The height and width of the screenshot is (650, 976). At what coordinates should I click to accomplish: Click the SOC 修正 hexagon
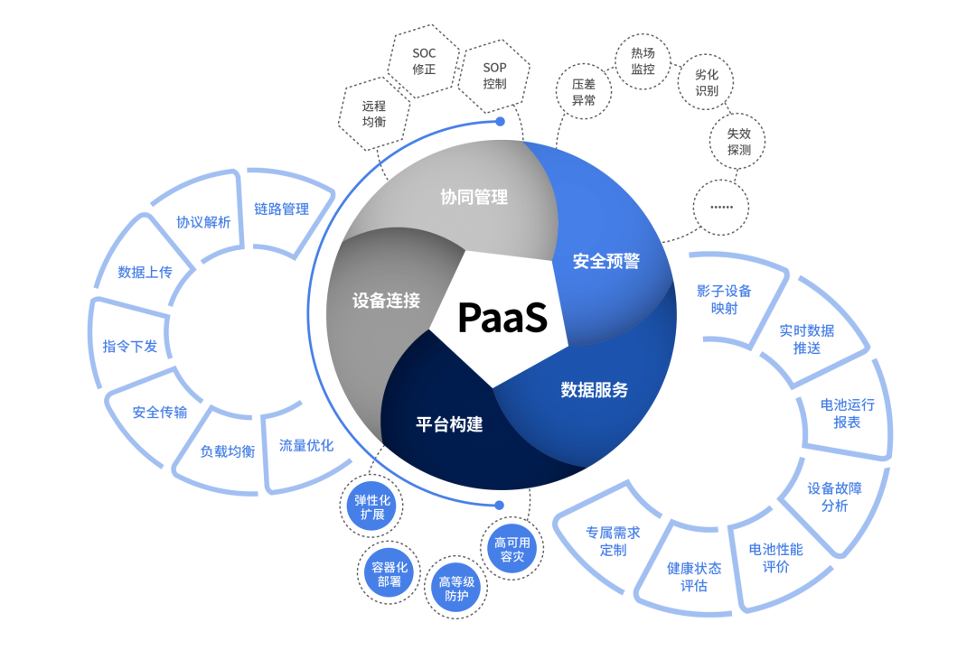point(424,60)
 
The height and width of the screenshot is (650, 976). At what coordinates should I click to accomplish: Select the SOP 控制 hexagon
point(494,76)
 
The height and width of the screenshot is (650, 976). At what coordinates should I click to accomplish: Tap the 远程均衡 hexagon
point(373,114)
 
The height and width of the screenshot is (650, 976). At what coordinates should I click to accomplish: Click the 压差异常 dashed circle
point(584,92)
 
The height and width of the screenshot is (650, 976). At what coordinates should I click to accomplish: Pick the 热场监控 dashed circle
point(643,61)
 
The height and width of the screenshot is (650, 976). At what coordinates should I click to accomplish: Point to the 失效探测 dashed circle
point(738,141)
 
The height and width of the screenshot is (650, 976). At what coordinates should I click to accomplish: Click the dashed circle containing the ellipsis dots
point(721,207)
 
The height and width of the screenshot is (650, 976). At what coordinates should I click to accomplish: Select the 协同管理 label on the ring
point(474,197)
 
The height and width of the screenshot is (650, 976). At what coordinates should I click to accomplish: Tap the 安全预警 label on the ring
point(606,262)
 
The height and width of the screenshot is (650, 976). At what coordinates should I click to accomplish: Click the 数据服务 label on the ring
point(594,390)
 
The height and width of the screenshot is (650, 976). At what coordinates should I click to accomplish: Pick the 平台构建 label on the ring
point(449,423)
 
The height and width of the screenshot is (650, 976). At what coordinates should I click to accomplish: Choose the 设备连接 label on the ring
point(386,301)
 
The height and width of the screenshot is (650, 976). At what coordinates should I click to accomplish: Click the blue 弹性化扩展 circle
point(372,507)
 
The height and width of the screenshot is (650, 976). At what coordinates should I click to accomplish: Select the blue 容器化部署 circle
point(389,575)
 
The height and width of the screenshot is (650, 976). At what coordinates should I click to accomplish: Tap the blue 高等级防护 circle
point(456,589)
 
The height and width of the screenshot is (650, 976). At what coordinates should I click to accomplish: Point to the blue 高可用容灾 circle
point(512,550)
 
